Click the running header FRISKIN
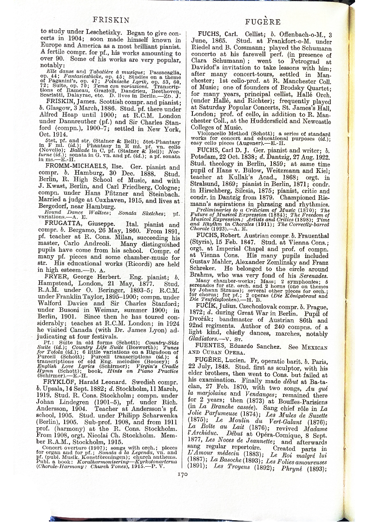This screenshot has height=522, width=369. [x=108, y=20]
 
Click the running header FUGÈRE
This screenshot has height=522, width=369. [x=265, y=21]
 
